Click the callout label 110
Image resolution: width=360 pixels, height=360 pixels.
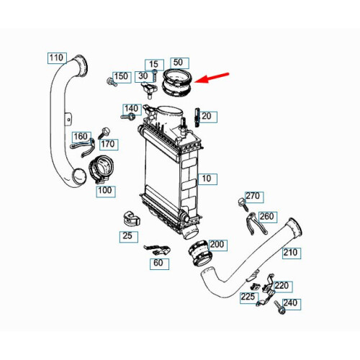tap(57, 58)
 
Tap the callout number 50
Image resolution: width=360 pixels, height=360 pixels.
tap(179, 63)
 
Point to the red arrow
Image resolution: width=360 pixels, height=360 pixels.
tap(212, 78)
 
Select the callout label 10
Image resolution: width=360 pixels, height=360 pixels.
tap(207, 179)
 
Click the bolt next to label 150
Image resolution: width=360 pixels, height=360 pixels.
tap(112, 82)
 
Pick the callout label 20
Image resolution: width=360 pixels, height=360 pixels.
tap(207, 117)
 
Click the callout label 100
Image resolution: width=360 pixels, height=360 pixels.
tap(106, 192)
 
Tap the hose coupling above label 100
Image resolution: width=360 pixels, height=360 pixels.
tap(101, 169)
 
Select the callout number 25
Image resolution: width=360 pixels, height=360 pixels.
tap(129, 237)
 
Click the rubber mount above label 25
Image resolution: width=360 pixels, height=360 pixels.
tap(131, 218)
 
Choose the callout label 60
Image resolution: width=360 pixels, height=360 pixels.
tap(159, 264)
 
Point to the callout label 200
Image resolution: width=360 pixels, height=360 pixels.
tap(217, 246)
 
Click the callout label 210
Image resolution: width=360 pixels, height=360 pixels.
tap(292, 253)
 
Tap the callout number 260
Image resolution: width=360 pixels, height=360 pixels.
tap(268, 217)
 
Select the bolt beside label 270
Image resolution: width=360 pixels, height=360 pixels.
tap(243, 204)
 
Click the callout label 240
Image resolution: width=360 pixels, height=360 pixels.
tap(292, 304)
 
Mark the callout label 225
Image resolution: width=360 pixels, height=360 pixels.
tap(249, 297)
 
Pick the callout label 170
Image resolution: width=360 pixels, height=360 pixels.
tap(109, 145)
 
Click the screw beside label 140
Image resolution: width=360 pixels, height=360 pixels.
tap(127, 117)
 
